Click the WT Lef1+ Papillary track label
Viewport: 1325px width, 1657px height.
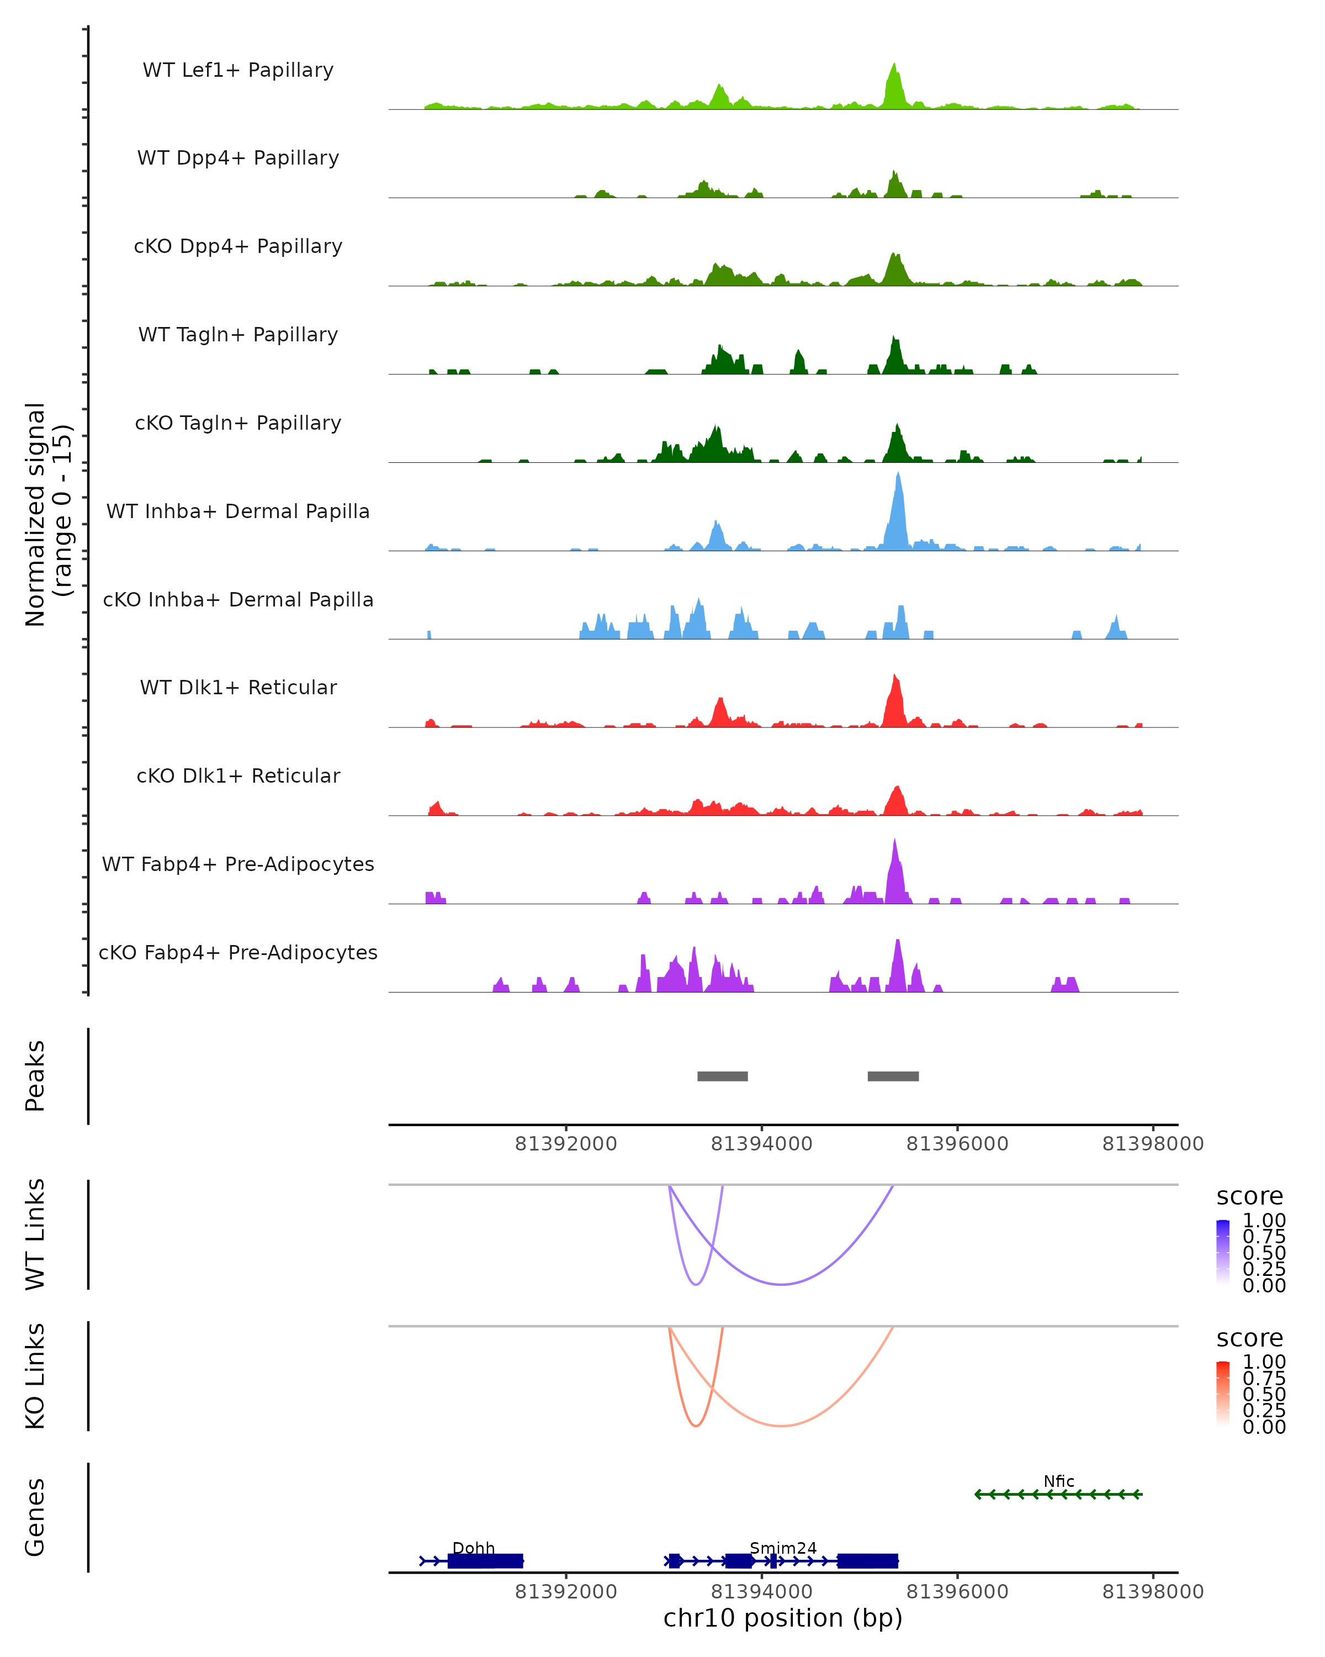(238, 71)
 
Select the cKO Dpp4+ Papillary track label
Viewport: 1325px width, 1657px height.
(238, 247)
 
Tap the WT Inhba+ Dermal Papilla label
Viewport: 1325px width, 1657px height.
(238, 512)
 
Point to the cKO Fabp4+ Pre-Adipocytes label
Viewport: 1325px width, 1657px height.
(238, 953)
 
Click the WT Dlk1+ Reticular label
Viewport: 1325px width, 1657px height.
(238, 688)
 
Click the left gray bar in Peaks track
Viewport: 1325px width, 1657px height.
(722, 1076)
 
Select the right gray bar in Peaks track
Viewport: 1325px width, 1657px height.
(893, 1076)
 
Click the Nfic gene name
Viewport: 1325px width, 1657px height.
(1058, 1481)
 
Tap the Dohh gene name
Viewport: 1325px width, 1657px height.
(473, 1548)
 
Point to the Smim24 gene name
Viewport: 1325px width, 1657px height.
(783, 1548)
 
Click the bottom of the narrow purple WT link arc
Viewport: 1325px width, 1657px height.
(696, 1284)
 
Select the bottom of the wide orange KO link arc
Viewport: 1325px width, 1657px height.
(781, 1426)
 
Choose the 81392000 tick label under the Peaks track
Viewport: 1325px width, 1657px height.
(566, 1144)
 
